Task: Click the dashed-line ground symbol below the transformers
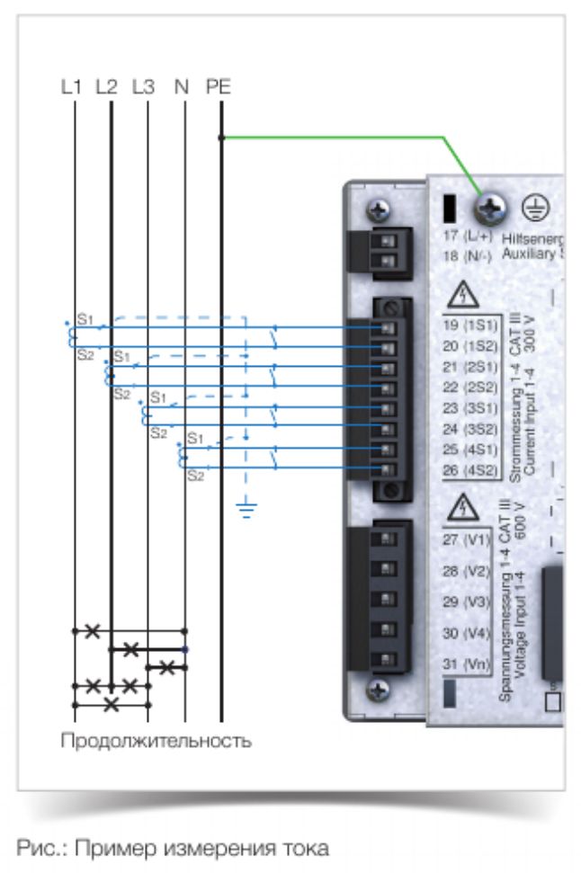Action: (x=245, y=511)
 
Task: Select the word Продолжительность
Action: (x=156, y=742)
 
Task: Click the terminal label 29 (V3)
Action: (x=464, y=601)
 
